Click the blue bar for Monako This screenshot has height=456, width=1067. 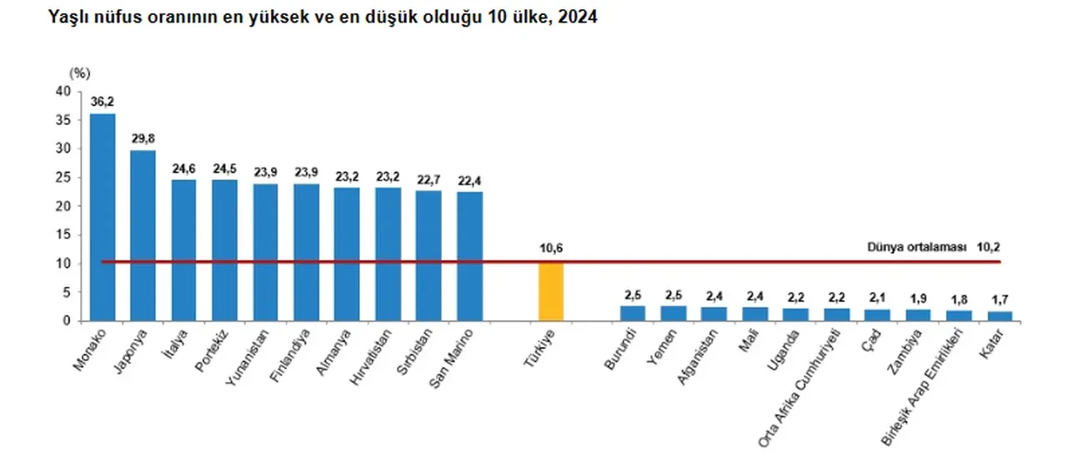coord(103,217)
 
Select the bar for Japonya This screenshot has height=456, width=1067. coord(143,235)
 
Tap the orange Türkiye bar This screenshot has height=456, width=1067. coord(551,291)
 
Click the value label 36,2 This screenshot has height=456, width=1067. coord(103,102)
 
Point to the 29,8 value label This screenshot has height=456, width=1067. coord(143,138)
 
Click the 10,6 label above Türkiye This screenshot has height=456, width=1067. coord(551,248)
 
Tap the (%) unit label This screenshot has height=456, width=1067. coord(78,73)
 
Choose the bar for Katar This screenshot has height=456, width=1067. coord(999,316)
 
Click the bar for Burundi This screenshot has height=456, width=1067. coord(633,313)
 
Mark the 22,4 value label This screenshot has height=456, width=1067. coord(470,180)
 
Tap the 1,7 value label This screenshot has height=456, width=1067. coord(999,298)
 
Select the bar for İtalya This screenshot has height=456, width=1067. coord(184,250)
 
